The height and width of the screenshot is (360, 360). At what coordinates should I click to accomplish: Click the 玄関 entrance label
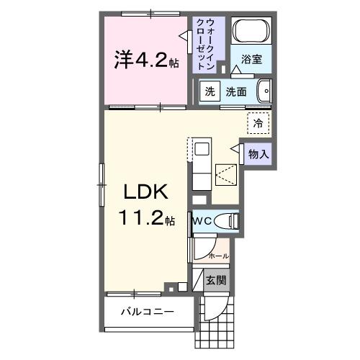pyautogui.click(x=215, y=279)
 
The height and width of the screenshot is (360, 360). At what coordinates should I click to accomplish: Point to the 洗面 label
pyautogui.click(x=237, y=91)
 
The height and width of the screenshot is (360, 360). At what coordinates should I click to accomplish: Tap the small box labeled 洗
pyautogui.click(x=209, y=91)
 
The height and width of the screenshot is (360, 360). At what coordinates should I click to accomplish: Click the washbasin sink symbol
pyautogui.click(x=264, y=91)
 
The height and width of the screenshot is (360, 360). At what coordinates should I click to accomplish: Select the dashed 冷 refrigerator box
pyautogui.click(x=258, y=122)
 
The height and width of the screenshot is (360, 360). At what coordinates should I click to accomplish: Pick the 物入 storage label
pyautogui.click(x=258, y=153)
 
